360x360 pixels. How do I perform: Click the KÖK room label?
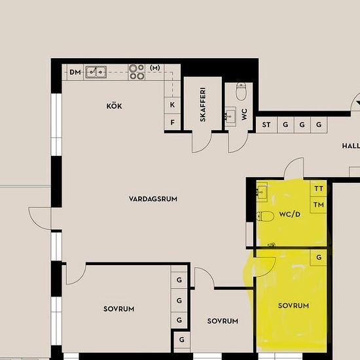tap(114, 106)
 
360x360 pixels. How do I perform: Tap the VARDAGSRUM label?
tap(153, 199)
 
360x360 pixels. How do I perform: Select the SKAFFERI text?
tap(203, 105)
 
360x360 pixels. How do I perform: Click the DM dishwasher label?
tap(75, 72)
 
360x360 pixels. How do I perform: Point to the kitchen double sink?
tap(96, 72)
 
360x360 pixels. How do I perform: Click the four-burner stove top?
tap(137, 72)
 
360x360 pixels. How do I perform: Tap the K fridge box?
tap(172, 105)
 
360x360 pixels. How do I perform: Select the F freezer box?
tap(172, 122)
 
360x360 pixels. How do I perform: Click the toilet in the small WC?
tap(242, 92)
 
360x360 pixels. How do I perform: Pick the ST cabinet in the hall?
tap(266, 124)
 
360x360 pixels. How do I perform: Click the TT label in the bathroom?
tap(319, 189)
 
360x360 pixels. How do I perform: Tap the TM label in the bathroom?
tap(319, 205)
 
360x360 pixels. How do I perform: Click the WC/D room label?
tap(290, 214)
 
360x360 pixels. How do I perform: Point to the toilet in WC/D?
tap(265, 216)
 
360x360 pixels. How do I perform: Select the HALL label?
tap(351, 146)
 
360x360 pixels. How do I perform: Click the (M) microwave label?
tap(155, 68)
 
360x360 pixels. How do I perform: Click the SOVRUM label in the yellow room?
tap(293, 306)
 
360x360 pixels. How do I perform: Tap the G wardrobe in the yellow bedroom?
tap(319, 258)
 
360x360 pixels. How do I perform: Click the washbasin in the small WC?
tap(230, 116)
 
